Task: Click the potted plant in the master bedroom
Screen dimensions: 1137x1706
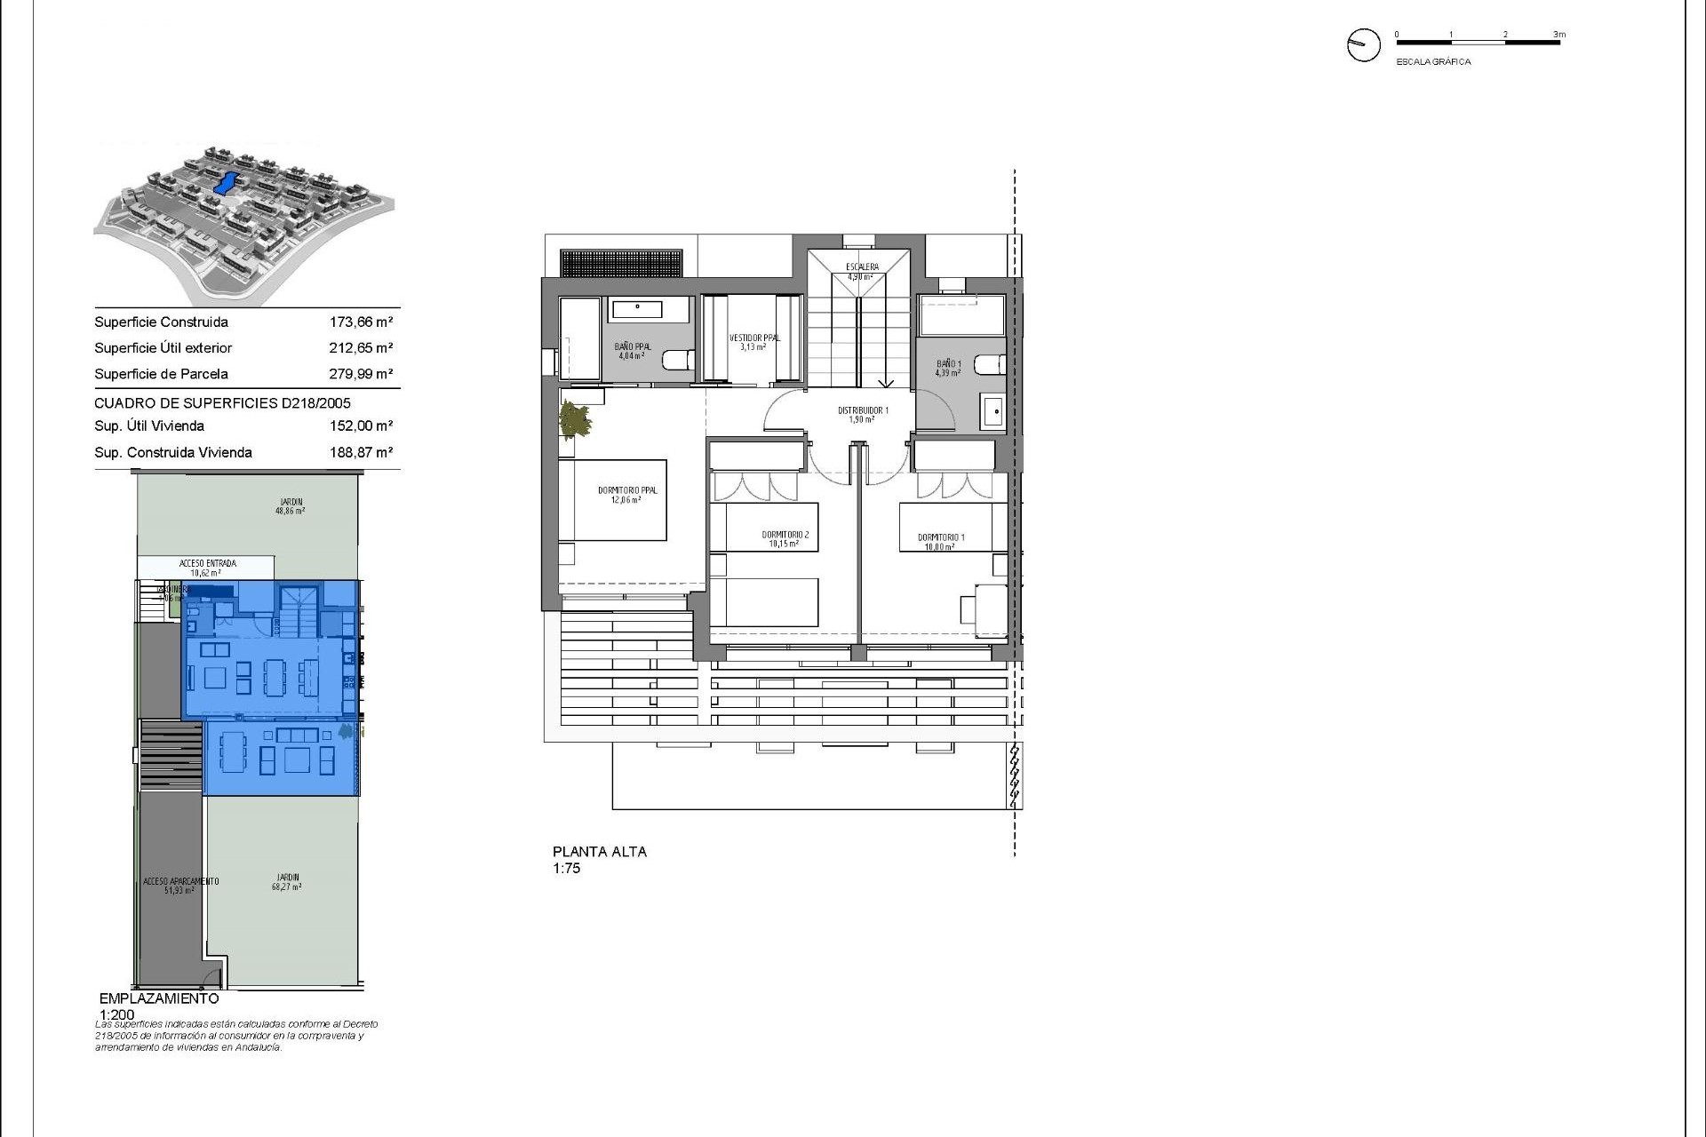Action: tap(574, 419)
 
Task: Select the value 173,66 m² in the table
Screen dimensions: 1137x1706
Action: tap(361, 322)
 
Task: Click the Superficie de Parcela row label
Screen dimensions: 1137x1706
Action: tap(161, 374)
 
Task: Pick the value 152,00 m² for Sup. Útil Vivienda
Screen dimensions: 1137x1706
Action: tap(361, 426)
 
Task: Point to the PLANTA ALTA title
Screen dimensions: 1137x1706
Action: tap(600, 851)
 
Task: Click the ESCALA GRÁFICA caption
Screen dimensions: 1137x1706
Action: tap(1433, 62)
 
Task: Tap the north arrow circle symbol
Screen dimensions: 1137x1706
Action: tap(1363, 44)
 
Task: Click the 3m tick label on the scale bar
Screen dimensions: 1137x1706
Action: tap(1559, 35)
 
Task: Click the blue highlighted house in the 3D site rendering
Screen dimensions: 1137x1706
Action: tap(227, 183)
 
